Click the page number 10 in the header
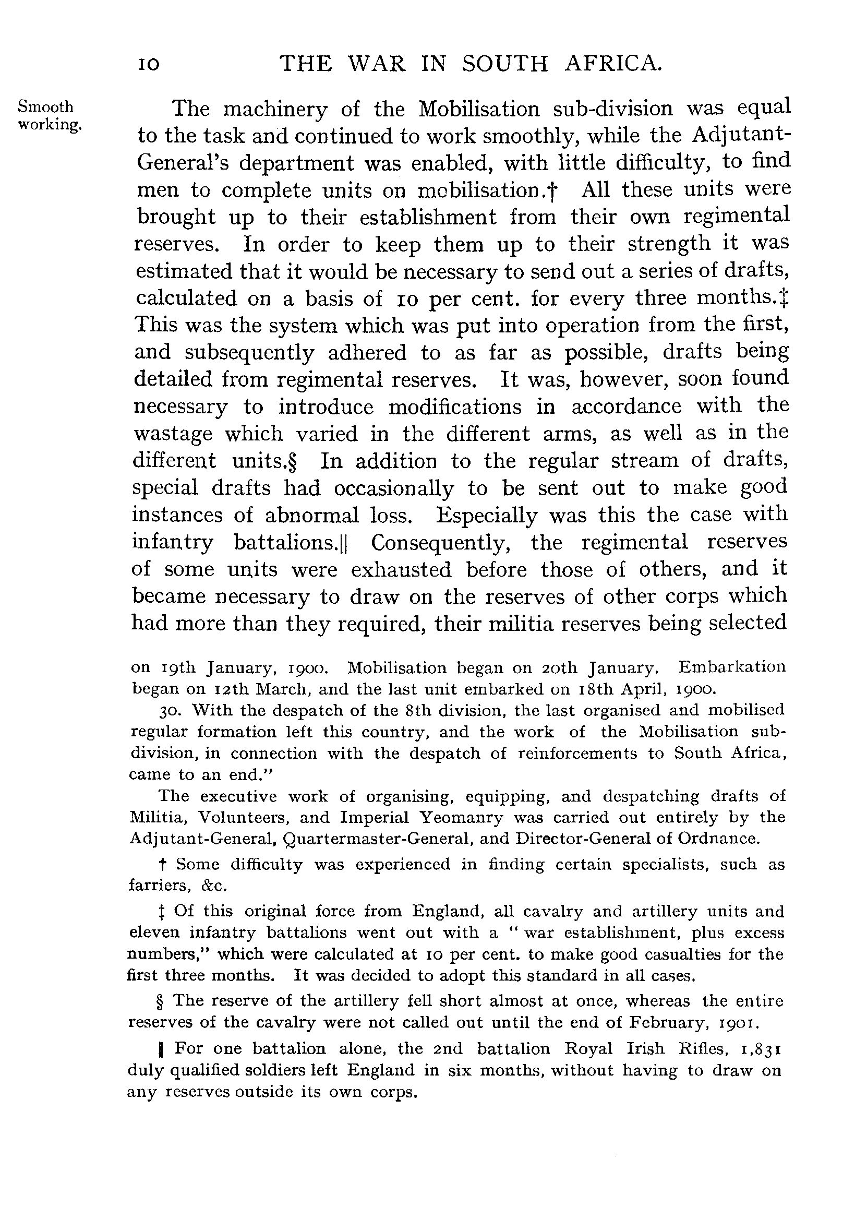coord(149,65)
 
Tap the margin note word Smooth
coord(46,107)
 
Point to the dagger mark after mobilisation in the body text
coord(553,190)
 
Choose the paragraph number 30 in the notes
coord(169,711)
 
